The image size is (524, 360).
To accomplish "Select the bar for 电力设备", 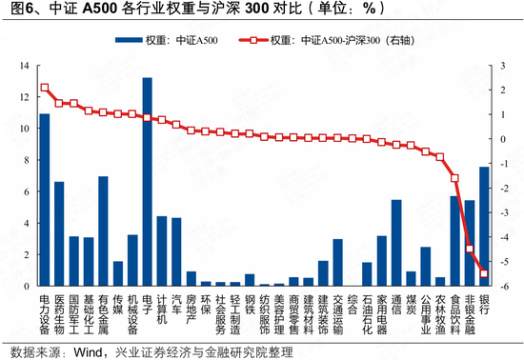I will pyautogui.click(x=44, y=199).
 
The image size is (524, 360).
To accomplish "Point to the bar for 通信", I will pyautogui.click(x=396, y=242).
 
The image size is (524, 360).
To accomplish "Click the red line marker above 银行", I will pyautogui.click(x=484, y=274).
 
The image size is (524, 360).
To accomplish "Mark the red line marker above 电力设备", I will pyautogui.click(x=44, y=88).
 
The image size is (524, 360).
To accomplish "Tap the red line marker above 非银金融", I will pyautogui.click(x=470, y=250).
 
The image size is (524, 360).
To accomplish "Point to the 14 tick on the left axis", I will pyautogui.click(x=23, y=66).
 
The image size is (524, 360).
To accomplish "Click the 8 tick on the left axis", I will pyautogui.click(x=27, y=160).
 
